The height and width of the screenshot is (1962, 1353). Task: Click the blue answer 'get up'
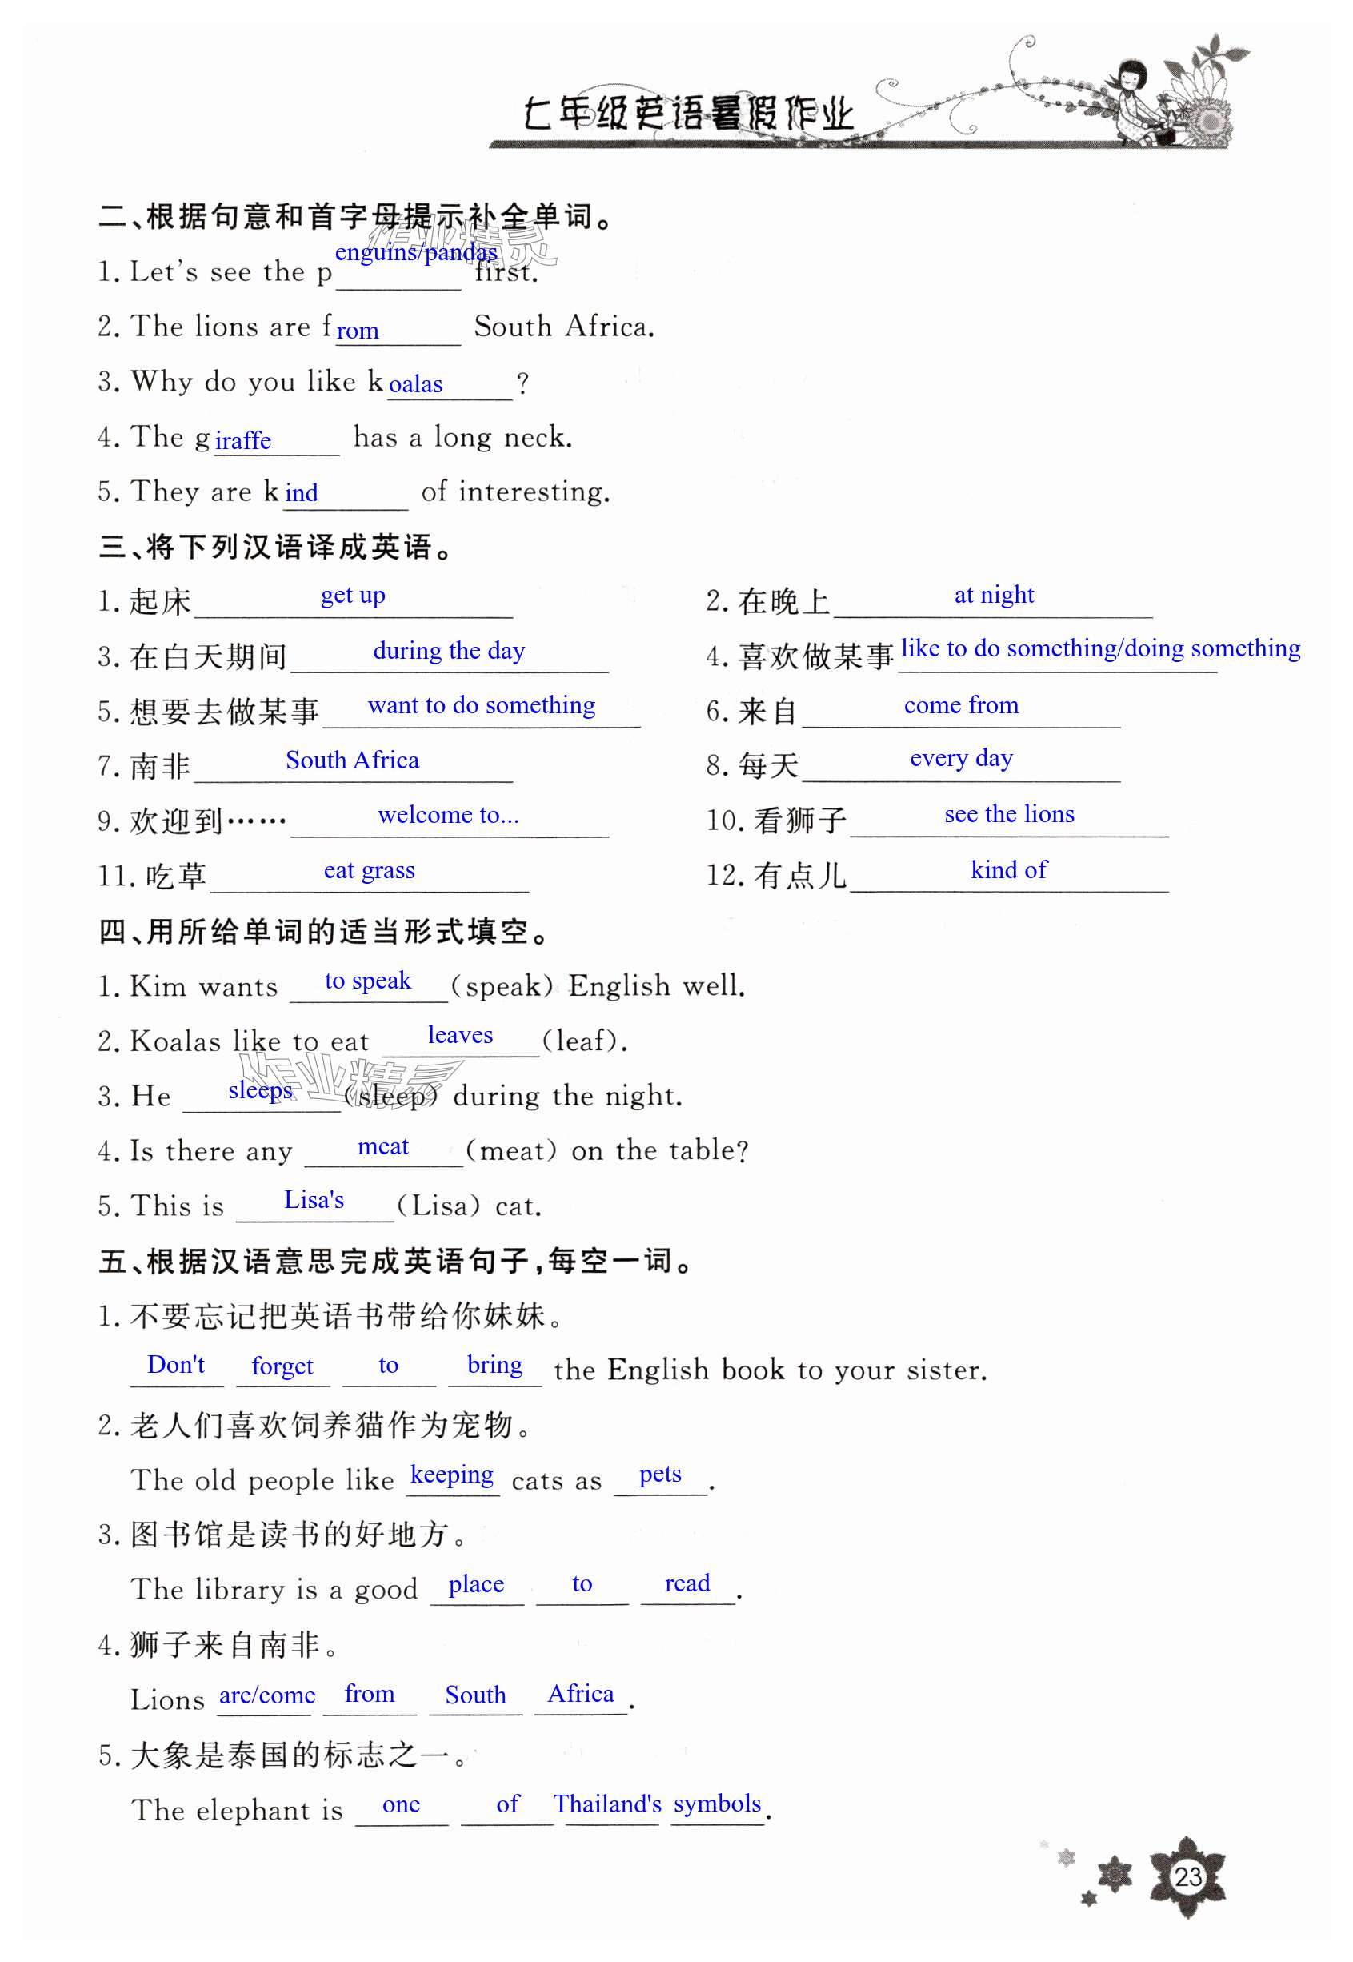pyautogui.click(x=353, y=596)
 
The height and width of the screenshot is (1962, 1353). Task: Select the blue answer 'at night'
pyautogui.click(x=994, y=596)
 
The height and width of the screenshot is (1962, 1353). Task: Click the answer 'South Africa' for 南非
pyautogui.click(x=352, y=760)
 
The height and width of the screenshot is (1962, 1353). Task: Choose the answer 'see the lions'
pyautogui.click(x=1009, y=814)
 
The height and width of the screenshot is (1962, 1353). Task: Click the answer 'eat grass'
pyautogui.click(x=369, y=870)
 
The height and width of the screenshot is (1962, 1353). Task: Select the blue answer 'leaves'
pyautogui.click(x=460, y=1034)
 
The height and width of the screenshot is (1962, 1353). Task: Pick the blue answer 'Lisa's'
pyautogui.click(x=314, y=1200)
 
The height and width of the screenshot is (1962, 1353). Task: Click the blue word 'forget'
pyautogui.click(x=282, y=1366)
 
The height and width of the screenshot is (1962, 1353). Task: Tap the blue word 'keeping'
pyautogui.click(x=452, y=1475)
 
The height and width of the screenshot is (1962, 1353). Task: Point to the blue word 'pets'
pyautogui.click(x=659, y=1475)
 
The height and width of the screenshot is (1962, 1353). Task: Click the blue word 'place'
pyautogui.click(x=475, y=1584)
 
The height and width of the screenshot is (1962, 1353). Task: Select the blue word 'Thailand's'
pyautogui.click(x=607, y=1804)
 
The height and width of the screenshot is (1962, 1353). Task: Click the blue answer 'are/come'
pyautogui.click(x=267, y=1695)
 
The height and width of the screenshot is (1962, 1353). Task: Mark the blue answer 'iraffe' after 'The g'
pyautogui.click(x=243, y=440)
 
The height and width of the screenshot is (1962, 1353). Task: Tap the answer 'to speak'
pyautogui.click(x=368, y=981)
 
